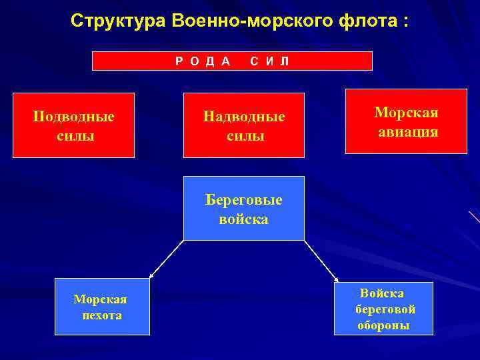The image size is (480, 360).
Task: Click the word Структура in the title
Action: [118, 21]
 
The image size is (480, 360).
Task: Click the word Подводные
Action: [73, 116]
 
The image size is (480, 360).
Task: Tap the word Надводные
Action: [244, 116]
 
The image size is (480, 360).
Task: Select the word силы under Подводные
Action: [73, 135]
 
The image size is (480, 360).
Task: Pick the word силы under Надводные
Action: [244, 135]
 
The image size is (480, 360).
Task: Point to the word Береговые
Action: [244, 199]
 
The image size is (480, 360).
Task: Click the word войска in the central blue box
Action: [244, 219]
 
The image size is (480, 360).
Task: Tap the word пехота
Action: [101, 315]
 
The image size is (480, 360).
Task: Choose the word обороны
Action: [383, 326]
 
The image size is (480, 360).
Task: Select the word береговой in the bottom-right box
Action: [386, 309]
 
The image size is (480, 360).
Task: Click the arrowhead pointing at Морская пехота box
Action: [151, 274]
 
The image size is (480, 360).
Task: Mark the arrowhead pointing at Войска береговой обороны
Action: [336, 280]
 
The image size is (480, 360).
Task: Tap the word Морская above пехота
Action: [100, 299]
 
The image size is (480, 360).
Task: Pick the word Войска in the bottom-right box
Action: [382, 293]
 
